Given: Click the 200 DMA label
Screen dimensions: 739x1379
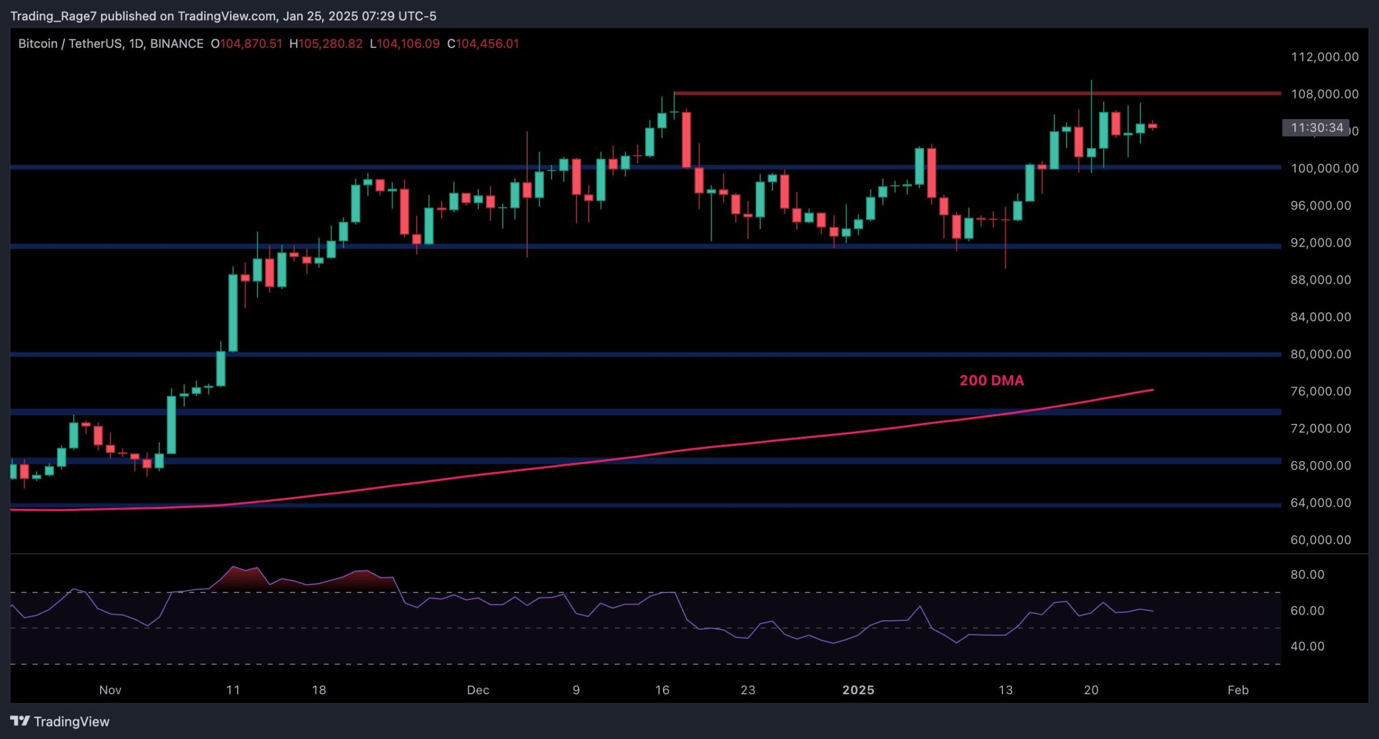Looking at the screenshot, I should tap(991, 380).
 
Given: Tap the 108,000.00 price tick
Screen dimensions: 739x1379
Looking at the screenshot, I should tap(1324, 94).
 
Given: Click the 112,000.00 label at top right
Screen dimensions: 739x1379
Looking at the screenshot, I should tap(1324, 57).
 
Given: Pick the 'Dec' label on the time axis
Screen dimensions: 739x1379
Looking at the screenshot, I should tap(478, 690).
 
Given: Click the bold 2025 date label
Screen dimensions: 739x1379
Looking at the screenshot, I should tap(858, 690).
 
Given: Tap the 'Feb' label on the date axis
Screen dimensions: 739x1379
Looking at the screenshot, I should tap(1238, 690).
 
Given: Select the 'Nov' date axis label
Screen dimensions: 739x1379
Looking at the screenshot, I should tap(110, 690).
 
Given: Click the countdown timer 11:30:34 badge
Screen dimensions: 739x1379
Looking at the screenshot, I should tap(1317, 128).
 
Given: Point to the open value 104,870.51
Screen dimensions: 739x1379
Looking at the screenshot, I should tap(250, 44).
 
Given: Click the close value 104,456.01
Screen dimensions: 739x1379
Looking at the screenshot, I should tap(487, 44).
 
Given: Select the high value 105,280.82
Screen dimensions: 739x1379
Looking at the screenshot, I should tap(330, 44).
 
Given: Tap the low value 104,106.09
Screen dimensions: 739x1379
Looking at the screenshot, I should tap(408, 44).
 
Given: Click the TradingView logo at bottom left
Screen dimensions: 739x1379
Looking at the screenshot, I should tap(60, 721).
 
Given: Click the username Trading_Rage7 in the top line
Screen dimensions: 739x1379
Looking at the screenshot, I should tap(53, 16).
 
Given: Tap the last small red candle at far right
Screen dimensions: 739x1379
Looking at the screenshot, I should tap(1152, 126).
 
